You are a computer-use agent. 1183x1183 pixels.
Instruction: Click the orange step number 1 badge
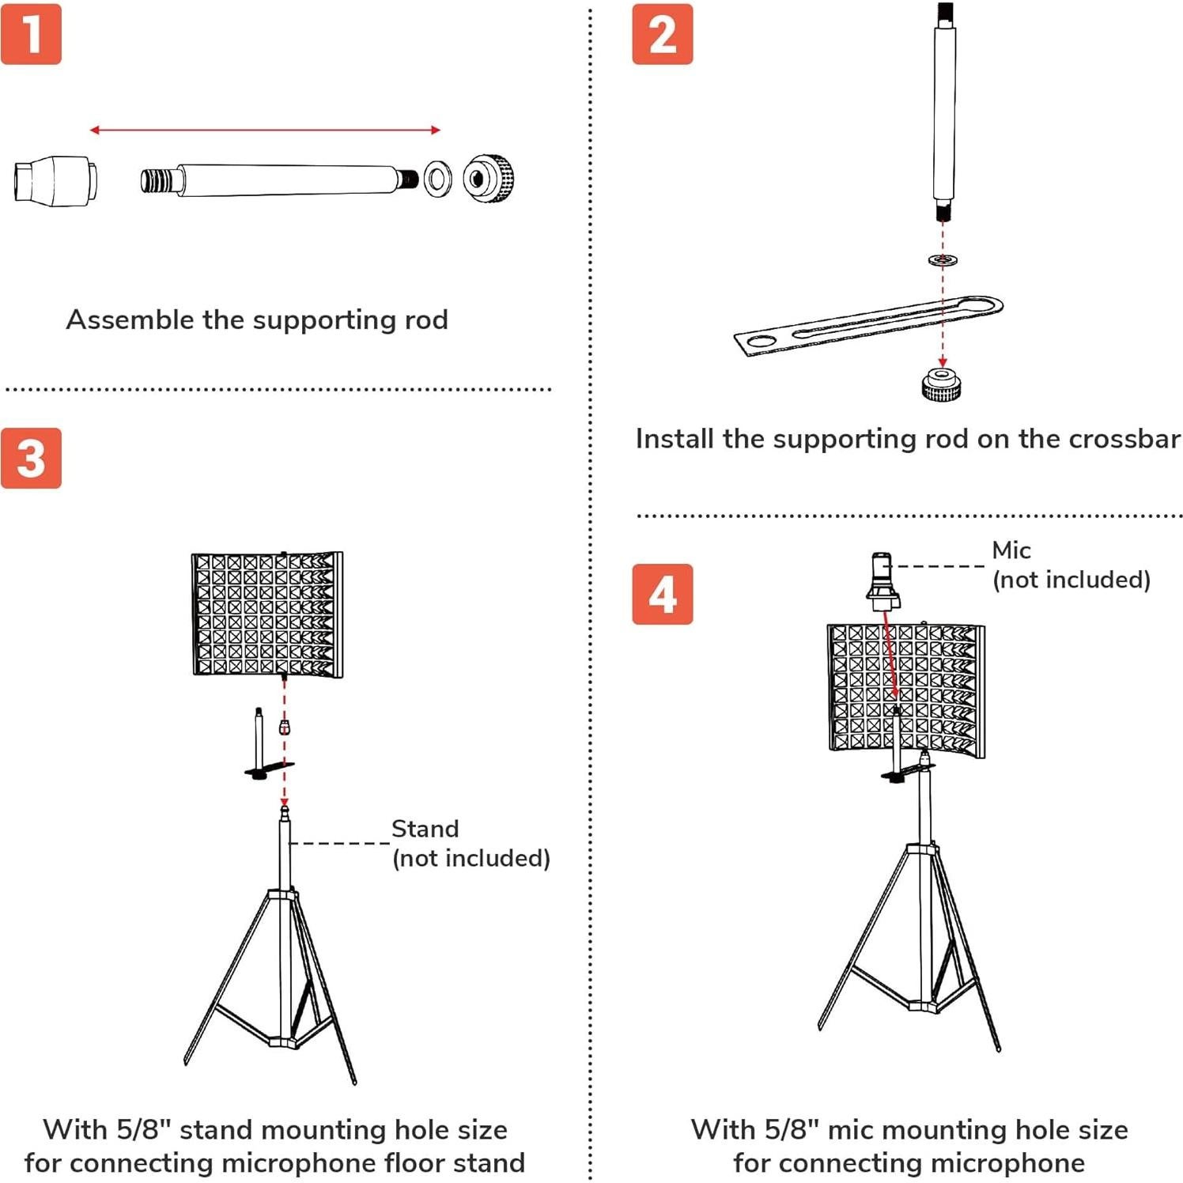[x=31, y=34]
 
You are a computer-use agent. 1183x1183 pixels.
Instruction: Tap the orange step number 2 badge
[x=662, y=35]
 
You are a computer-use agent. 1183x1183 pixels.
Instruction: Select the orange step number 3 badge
[x=31, y=458]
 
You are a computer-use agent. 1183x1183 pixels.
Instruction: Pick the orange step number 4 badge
[x=662, y=594]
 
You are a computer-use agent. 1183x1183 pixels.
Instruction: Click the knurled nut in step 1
[x=489, y=179]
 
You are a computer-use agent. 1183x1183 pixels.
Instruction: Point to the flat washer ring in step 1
[x=437, y=179]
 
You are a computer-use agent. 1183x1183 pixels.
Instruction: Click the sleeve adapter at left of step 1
[x=55, y=180]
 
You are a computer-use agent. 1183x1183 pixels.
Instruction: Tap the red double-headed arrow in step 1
[x=264, y=130]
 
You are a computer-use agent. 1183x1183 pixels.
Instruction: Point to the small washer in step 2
[x=942, y=259]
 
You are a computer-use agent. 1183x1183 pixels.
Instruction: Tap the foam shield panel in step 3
[x=267, y=614]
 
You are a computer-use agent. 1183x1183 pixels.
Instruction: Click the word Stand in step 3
[x=425, y=829]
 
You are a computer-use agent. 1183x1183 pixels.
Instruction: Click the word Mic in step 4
[x=1011, y=550]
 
